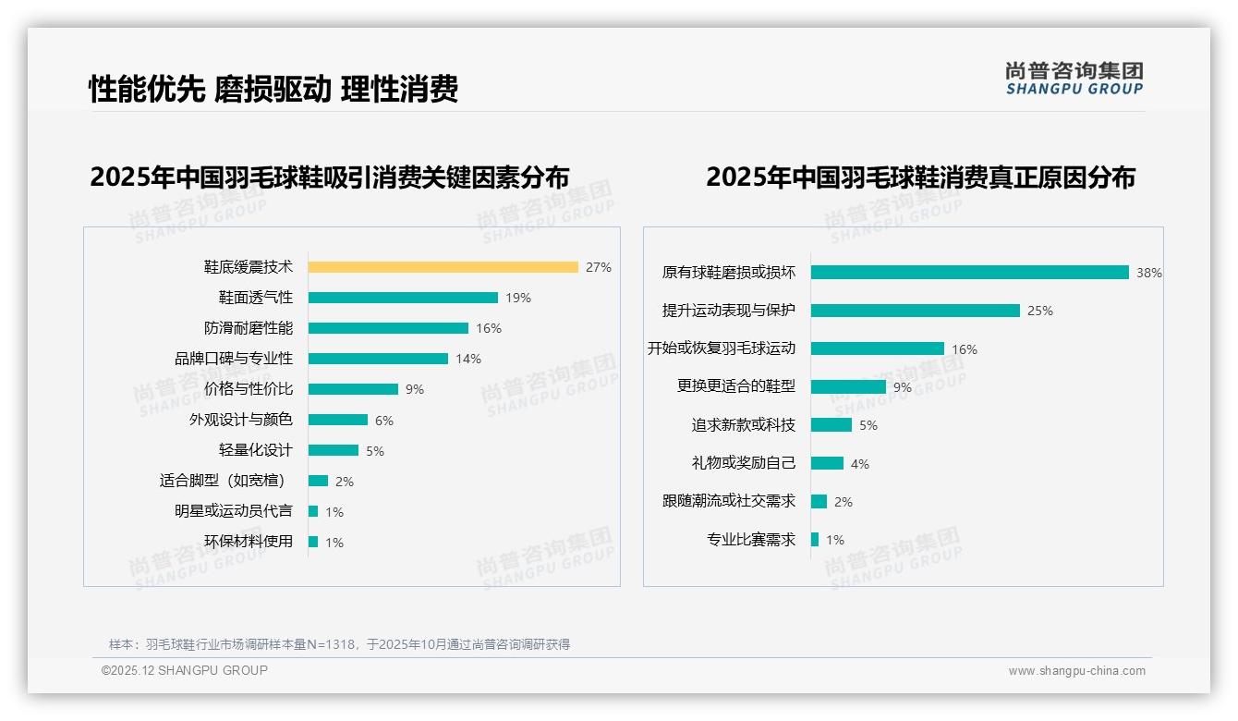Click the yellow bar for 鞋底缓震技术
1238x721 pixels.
pyautogui.click(x=443, y=267)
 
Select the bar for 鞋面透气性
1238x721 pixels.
pyautogui.click(x=403, y=298)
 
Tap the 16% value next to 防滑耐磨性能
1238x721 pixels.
pyautogui.click(x=489, y=328)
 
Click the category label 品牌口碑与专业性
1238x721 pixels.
pyautogui.click(x=234, y=359)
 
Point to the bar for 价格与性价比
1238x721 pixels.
pyautogui.click(x=353, y=389)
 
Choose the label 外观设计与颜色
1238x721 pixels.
pyautogui.click(x=241, y=420)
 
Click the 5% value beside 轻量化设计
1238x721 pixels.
pyautogui.click(x=375, y=451)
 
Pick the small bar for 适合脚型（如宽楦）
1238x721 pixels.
pyautogui.click(x=318, y=481)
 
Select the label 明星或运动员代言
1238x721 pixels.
pyautogui.click(x=234, y=511)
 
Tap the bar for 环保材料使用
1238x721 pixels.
pyautogui.click(x=313, y=542)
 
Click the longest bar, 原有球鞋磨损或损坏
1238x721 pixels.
pyautogui.click(x=969, y=273)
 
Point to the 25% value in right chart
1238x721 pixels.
pyautogui.click(x=1040, y=311)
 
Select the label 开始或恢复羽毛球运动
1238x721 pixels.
pyautogui.click(x=722, y=348)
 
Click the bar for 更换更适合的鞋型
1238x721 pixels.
pyautogui.click(x=848, y=387)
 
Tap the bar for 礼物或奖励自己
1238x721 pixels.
pyautogui.click(x=827, y=463)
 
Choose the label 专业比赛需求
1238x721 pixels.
pyautogui.click(x=751, y=540)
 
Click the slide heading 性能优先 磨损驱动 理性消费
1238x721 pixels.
pyautogui.click(x=273, y=89)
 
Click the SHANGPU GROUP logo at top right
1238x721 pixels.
pyautogui.click(x=1074, y=79)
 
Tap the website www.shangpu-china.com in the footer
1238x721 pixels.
pyautogui.click(x=1076, y=671)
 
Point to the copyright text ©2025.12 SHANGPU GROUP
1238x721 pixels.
pyautogui.click(x=185, y=670)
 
